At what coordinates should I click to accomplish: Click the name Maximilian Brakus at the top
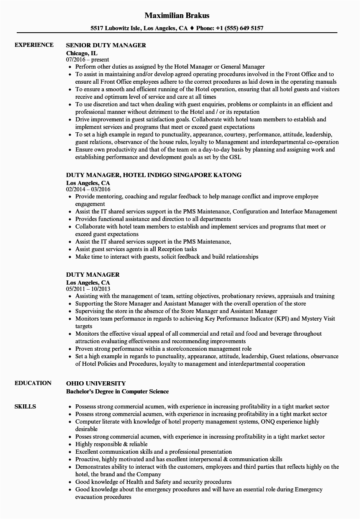point(177,15)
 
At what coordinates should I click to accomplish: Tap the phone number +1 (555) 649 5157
point(239,28)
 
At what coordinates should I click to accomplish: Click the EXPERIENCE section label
point(34,45)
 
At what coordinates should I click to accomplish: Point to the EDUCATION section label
point(33,383)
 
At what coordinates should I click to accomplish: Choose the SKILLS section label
point(25,406)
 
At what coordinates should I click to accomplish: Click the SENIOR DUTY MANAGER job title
point(106,45)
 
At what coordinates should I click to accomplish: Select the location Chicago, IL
point(82,53)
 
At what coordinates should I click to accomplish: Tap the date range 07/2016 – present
point(87,60)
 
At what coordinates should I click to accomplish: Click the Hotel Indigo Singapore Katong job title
point(154,175)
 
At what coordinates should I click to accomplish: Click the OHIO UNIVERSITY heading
point(96,383)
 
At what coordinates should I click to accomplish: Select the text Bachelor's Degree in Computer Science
point(117,391)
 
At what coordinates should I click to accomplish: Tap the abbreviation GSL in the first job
point(235,157)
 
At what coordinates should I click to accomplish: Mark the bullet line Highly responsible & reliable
point(111,444)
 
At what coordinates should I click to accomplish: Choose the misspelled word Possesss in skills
point(86,406)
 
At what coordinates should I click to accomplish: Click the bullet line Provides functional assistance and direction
point(153,219)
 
